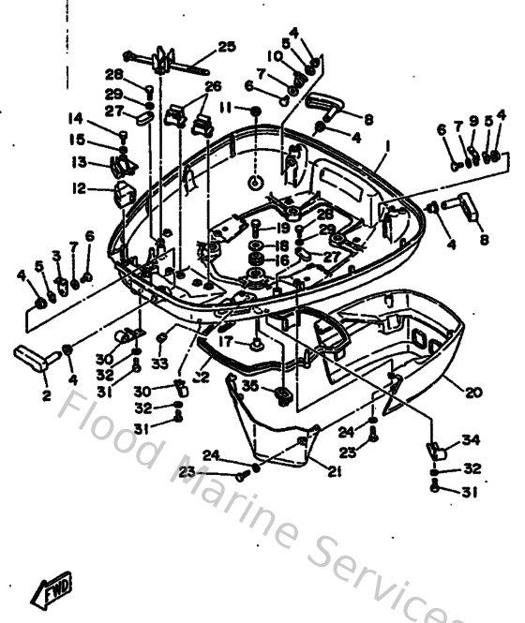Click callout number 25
click(227, 47)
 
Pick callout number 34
click(468, 441)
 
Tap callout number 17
click(225, 342)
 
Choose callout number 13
click(80, 161)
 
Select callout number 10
click(274, 56)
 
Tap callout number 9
click(473, 121)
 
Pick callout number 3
click(57, 255)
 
